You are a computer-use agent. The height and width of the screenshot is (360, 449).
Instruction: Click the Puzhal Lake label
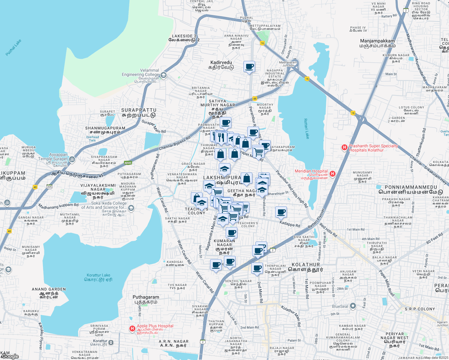point(14,48)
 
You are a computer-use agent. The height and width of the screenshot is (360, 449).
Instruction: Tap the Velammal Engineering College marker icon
point(164,75)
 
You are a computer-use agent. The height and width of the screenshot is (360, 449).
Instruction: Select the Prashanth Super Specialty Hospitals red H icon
point(345,148)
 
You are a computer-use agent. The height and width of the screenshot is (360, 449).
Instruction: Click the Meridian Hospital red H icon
point(332,174)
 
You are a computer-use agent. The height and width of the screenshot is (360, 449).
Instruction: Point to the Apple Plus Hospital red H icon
point(132,328)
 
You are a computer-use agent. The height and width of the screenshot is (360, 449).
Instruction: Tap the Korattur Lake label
point(98,277)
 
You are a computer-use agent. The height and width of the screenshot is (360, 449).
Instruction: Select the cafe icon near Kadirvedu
point(249,66)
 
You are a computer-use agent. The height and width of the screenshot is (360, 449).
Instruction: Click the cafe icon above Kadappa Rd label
point(281,212)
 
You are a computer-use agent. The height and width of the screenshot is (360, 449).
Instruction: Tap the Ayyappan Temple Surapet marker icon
point(72,159)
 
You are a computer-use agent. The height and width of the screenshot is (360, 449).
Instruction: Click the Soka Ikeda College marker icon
point(131,208)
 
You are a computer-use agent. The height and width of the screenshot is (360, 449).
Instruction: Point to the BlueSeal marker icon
point(353,306)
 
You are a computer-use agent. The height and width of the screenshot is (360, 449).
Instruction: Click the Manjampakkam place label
point(377,43)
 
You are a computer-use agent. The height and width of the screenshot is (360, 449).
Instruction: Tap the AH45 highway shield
point(128,163)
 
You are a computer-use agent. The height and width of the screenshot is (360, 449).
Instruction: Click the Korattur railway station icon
point(111,342)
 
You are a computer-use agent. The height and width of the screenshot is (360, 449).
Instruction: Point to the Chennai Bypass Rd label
point(175,143)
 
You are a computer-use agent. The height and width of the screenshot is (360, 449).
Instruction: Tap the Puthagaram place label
point(146,299)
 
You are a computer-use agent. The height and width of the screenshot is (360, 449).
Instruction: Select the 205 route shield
point(50,187)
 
